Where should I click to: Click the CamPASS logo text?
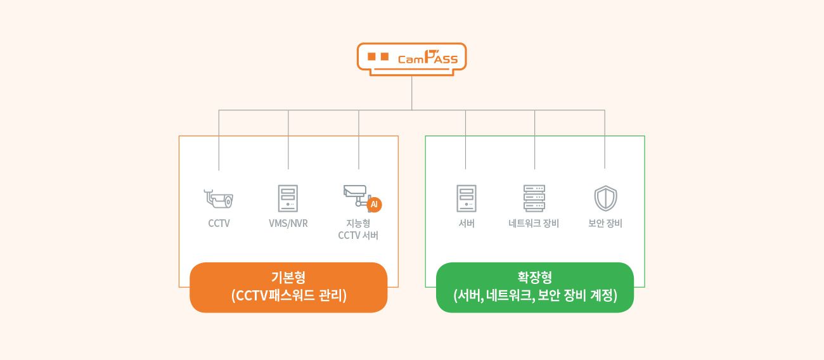coord(428,58)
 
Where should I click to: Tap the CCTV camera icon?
coord(219,198)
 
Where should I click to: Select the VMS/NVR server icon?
coord(288,198)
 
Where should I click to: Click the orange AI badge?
coord(374,205)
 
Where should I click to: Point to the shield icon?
coord(605,198)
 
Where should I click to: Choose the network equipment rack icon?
coord(534,198)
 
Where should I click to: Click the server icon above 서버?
coord(467,198)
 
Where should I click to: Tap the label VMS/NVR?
coord(288,223)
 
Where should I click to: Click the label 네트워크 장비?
coord(534,223)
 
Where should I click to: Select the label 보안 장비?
coord(605,223)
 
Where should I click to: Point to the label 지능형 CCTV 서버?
coord(358,229)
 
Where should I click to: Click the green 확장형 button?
coord(535,287)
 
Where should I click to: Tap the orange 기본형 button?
coord(288,287)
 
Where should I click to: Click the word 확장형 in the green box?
coord(535,277)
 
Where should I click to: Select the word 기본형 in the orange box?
coord(288,277)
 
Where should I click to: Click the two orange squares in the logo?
coord(378,56)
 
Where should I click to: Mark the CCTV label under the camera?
coord(219,223)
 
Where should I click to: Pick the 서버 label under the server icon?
coord(467,223)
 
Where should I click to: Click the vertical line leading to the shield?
coord(605,139)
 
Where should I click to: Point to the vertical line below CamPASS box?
coord(411,93)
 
